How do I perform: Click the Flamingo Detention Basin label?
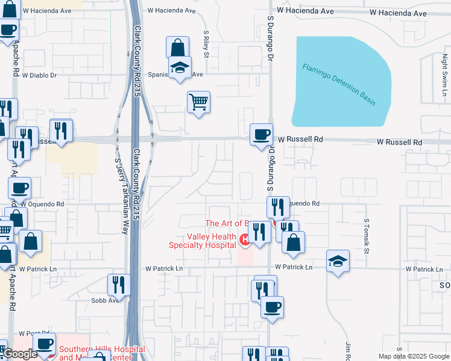point(339,84)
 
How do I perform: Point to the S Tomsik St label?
point(365,235)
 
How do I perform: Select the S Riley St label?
point(206,45)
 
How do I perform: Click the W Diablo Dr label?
point(39,75)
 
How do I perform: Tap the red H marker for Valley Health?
point(245,241)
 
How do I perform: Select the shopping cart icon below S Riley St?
point(198,102)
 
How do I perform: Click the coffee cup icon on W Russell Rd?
point(261,134)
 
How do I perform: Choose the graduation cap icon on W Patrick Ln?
point(338,261)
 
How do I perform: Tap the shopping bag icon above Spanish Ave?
point(178,47)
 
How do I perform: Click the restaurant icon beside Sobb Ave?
point(119,284)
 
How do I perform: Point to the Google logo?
point(20,354)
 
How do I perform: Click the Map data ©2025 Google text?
point(414,356)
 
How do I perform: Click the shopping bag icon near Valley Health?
point(294,242)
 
